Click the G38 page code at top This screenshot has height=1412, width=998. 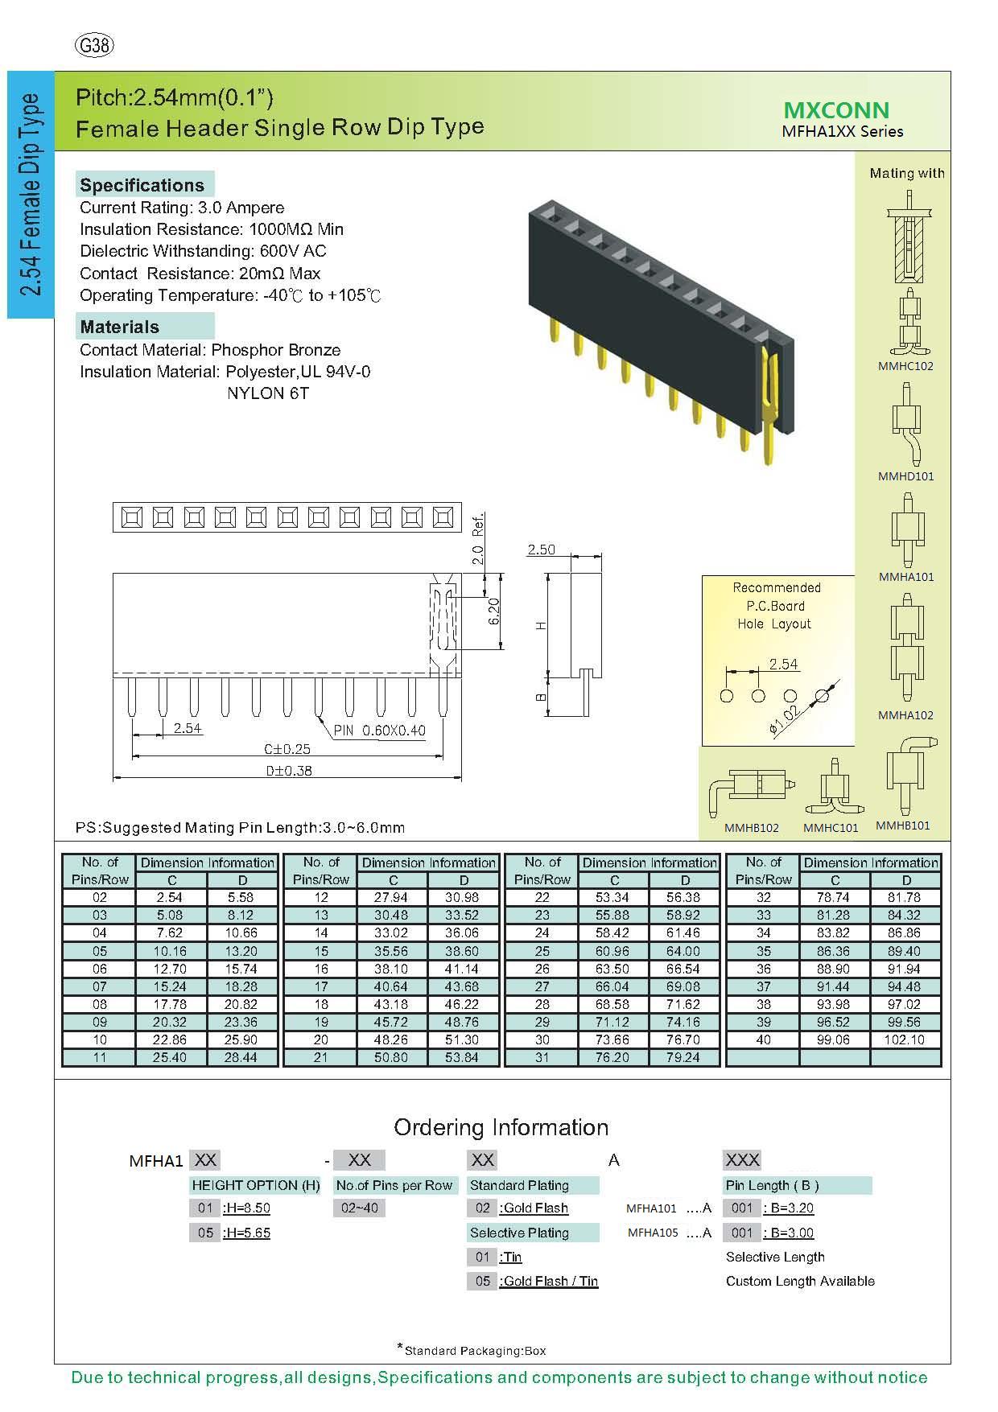[x=94, y=46]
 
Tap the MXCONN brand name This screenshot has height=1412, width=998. [x=836, y=110]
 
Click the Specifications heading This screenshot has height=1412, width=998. [x=142, y=185]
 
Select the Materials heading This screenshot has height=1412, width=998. [x=120, y=327]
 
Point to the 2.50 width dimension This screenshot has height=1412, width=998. [x=541, y=550]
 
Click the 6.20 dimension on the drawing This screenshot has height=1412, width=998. [x=494, y=611]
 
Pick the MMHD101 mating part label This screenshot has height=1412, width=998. [x=906, y=476]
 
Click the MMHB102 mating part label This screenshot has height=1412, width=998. [x=751, y=827]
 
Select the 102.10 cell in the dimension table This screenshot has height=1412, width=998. [x=905, y=1039]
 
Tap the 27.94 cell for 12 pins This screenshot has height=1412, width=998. [x=393, y=897]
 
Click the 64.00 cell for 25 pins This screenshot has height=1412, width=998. [x=684, y=951]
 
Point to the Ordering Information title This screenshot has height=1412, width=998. [x=501, y=1127]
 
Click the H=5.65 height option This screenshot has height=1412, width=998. [x=246, y=1233]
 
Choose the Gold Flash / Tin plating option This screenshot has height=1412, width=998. [x=549, y=1281]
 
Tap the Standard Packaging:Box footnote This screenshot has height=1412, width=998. [x=475, y=1351]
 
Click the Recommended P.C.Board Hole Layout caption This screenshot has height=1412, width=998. [x=776, y=606]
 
